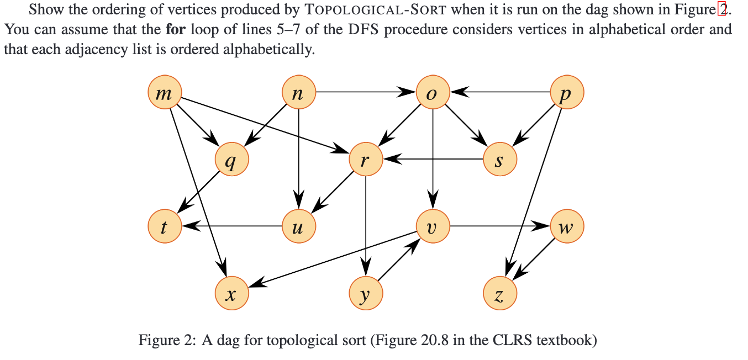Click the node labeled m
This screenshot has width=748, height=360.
(x=165, y=92)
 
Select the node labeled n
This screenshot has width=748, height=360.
(x=298, y=92)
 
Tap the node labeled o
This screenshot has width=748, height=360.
(x=433, y=92)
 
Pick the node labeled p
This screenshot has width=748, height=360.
(x=567, y=92)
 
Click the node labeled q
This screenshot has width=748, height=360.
(x=232, y=160)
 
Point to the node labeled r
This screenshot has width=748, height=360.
(x=366, y=160)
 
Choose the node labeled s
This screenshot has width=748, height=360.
(x=500, y=160)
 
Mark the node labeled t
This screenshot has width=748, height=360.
(x=165, y=226)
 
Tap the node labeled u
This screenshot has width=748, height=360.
(x=298, y=226)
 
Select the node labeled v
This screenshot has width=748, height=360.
(x=433, y=226)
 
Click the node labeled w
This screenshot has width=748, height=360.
(x=567, y=226)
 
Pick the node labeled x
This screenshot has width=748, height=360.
(x=232, y=293)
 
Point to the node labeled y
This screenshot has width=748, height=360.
(x=366, y=293)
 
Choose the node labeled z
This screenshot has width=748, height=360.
(x=500, y=293)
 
